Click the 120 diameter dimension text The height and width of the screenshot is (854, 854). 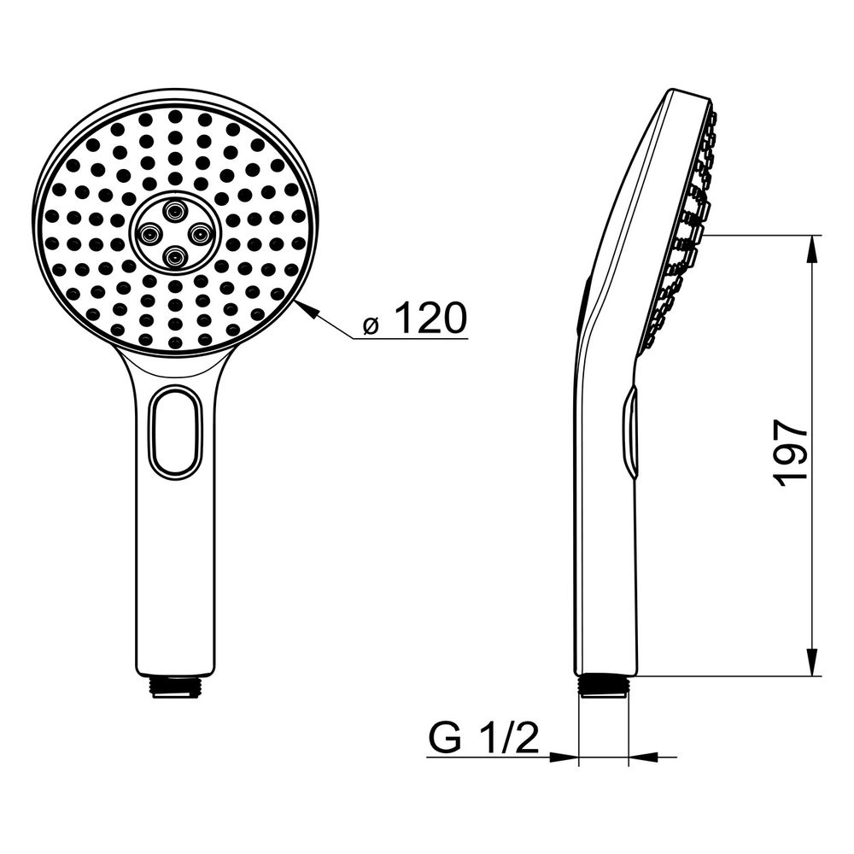430,319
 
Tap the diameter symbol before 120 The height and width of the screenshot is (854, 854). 371,325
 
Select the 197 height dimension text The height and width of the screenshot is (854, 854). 790,453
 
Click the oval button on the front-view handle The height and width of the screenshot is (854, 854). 175,430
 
